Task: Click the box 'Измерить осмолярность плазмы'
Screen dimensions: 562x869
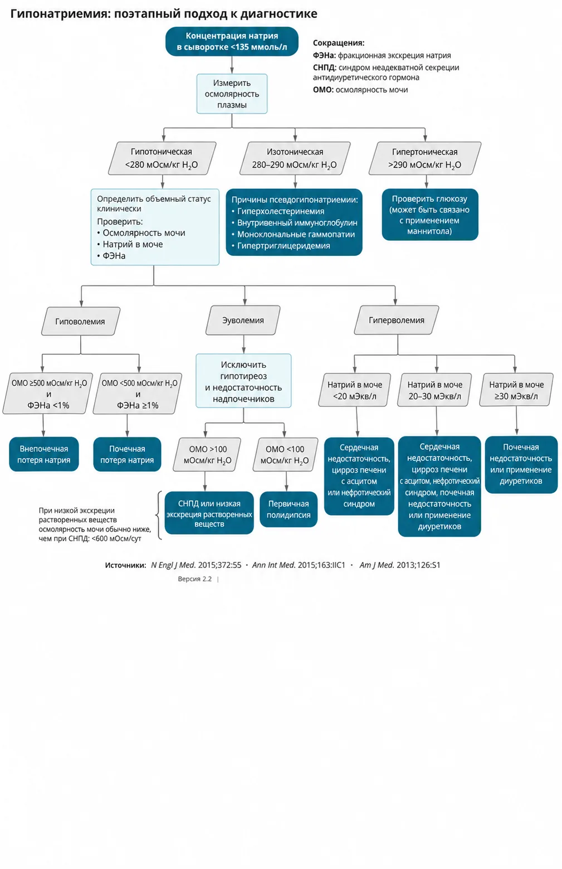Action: click(232, 94)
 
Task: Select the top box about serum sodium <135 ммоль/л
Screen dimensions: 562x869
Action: click(232, 41)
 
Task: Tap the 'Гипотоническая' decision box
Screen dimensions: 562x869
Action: click(162, 158)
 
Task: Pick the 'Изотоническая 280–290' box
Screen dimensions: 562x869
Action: click(295, 158)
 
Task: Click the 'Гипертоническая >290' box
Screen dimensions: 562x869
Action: click(425, 158)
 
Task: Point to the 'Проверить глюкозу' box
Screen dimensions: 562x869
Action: click(430, 215)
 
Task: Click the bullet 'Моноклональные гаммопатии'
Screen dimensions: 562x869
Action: click(294, 234)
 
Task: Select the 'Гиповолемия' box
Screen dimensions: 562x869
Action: click(81, 321)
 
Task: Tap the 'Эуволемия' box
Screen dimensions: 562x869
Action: click(243, 320)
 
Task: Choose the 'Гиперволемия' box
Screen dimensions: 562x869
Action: click(397, 320)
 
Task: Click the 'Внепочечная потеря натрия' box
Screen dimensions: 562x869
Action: click(44, 454)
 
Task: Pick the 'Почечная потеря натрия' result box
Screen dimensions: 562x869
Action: click(127, 454)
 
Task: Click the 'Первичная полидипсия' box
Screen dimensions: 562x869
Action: click(289, 509)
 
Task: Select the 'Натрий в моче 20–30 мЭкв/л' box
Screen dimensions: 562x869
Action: click(434, 390)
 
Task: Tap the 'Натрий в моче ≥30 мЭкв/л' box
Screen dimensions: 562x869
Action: click(516, 390)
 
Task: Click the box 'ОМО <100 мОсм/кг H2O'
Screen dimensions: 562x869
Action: click(285, 455)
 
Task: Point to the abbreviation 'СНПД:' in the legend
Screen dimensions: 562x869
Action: click(325, 67)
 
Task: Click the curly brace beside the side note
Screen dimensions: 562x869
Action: click(159, 516)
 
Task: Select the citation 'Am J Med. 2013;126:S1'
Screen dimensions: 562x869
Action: click(399, 565)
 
